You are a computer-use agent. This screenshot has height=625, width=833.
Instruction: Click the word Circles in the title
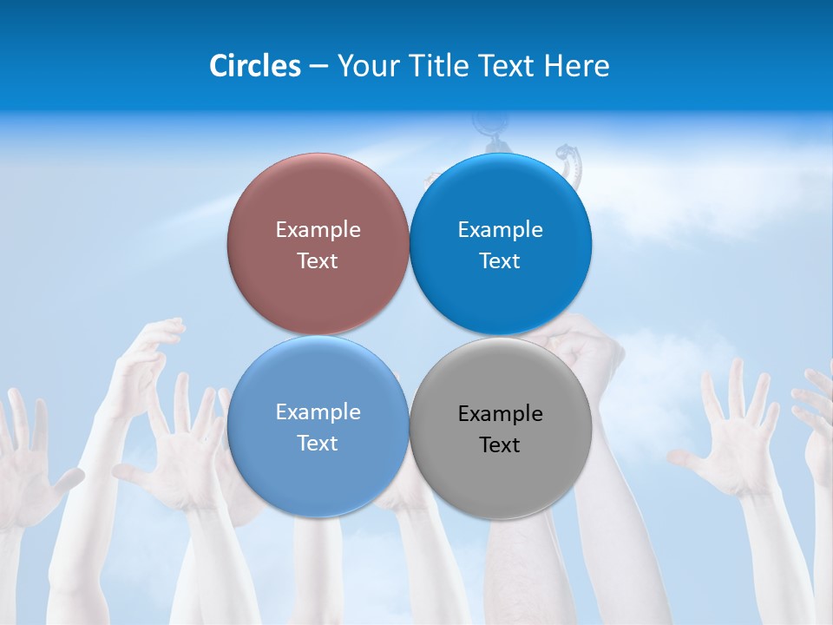tap(254, 66)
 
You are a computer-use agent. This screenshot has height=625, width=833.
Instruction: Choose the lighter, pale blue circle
tap(318, 469)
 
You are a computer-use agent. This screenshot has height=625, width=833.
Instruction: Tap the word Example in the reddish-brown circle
tap(318, 230)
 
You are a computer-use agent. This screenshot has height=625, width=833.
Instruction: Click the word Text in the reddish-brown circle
tap(318, 260)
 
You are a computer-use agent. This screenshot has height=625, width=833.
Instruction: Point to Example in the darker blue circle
tap(500, 230)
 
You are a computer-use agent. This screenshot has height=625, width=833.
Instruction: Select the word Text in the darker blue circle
tap(500, 260)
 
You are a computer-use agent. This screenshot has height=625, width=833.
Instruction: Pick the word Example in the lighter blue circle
tap(318, 412)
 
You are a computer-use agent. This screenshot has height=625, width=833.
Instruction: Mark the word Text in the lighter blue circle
tap(318, 443)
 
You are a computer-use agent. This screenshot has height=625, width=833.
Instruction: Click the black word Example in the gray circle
tap(500, 414)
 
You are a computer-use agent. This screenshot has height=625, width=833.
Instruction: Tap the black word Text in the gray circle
tap(500, 444)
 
